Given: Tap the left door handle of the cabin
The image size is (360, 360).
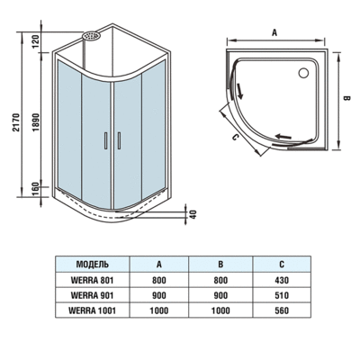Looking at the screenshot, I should click(x=107, y=139).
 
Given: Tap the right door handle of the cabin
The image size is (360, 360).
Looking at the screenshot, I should click(x=116, y=139).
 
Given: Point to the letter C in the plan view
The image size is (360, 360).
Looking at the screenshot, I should click(x=234, y=138).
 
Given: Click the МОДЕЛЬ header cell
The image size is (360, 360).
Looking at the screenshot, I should click(x=94, y=265).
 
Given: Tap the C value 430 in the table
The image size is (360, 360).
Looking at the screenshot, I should click(x=282, y=280).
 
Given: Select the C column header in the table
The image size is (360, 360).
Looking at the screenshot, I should click(x=282, y=265).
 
